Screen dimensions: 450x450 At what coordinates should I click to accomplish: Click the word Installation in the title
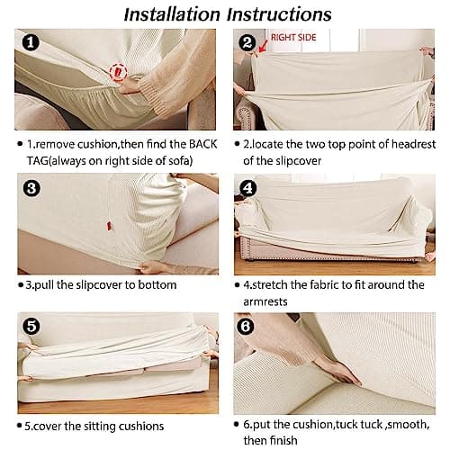pos(172,14)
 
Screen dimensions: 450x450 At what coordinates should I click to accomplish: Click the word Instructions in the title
pos(279,14)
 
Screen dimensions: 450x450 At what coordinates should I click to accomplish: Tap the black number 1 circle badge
pos(31,42)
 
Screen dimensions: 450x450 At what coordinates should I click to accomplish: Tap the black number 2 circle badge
pos(247,42)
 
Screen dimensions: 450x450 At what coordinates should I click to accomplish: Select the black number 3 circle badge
pos(31,188)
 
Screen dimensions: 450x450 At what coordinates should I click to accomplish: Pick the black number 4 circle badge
pos(248,188)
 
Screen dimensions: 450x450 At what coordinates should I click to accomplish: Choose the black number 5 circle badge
pos(31,327)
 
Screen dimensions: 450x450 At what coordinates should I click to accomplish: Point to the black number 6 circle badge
pos(246,327)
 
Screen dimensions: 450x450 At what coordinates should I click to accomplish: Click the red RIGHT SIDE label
pos(293,38)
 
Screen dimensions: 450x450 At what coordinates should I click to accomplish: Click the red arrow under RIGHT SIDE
pos(263,46)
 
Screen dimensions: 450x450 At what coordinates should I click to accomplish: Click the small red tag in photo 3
pos(109,226)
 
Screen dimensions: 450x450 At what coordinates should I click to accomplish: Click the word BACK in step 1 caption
pos(202,144)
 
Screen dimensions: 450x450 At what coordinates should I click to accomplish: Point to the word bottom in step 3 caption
pos(157,285)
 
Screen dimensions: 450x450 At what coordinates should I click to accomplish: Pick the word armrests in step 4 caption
pos(265,301)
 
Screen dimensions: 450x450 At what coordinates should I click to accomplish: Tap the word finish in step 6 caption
pos(283,440)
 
